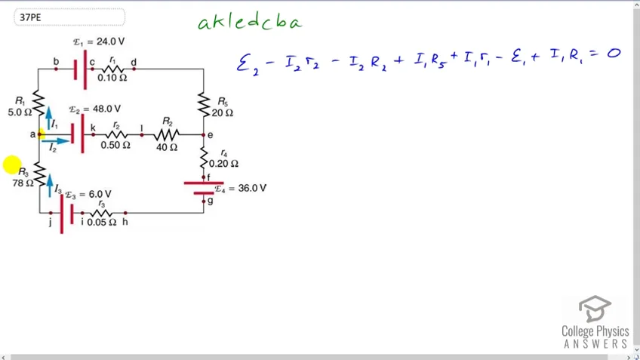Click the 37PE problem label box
coord(69,17)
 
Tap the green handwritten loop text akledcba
coord(250,22)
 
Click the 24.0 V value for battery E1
coord(110,42)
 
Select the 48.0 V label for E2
coord(106,109)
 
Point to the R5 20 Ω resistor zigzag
coord(204,104)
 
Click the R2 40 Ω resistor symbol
coord(167,134)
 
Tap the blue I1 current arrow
coord(48,118)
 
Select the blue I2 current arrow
coord(56,141)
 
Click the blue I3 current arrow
coord(50,186)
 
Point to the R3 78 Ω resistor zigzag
coord(39,174)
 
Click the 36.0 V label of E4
coord(252,188)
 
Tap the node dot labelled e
coord(203,134)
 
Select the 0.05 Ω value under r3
coord(102,222)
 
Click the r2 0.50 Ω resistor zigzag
coord(116,134)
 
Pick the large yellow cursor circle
coord(12,165)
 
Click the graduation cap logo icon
coord(595,309)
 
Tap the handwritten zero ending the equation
coord(614,53)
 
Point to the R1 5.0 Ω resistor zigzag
coord(38,103)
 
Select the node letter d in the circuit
coord(134,63)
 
